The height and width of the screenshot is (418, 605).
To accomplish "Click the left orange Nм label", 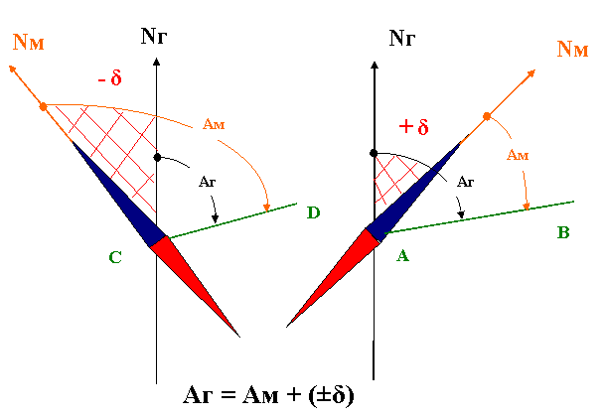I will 31,40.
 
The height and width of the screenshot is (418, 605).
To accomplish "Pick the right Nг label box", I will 403,40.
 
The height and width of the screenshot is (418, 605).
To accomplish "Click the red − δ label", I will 109,76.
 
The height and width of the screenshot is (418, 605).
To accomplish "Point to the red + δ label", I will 413,127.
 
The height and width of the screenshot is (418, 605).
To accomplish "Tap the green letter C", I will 116,258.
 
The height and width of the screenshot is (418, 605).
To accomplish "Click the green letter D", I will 314,211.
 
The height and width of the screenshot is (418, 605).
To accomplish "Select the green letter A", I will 402,255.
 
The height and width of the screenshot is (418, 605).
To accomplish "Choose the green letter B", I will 564,234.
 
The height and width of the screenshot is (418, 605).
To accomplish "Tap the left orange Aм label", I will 216,124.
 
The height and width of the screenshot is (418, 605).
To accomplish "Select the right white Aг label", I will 466,182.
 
